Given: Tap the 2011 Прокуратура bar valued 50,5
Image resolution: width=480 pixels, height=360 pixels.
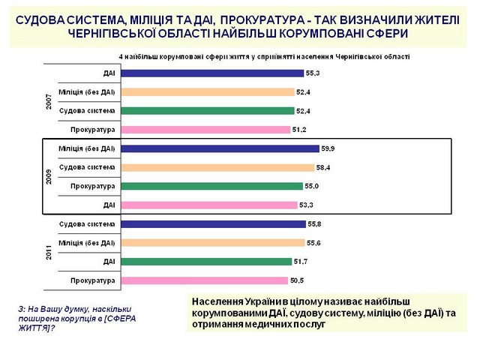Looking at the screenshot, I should (x=203, y=280).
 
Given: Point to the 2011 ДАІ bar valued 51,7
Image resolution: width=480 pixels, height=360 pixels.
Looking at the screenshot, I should (x=205, y=262).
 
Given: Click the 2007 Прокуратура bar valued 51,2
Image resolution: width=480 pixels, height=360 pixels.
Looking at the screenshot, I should (x=205, y=130).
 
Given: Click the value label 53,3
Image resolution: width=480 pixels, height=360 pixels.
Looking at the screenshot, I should (x=307, y=204).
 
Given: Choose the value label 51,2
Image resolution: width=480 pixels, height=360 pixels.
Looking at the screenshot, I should (x=300, y=130).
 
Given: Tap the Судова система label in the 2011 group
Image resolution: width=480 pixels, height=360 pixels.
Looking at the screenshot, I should (x=86, y=224).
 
